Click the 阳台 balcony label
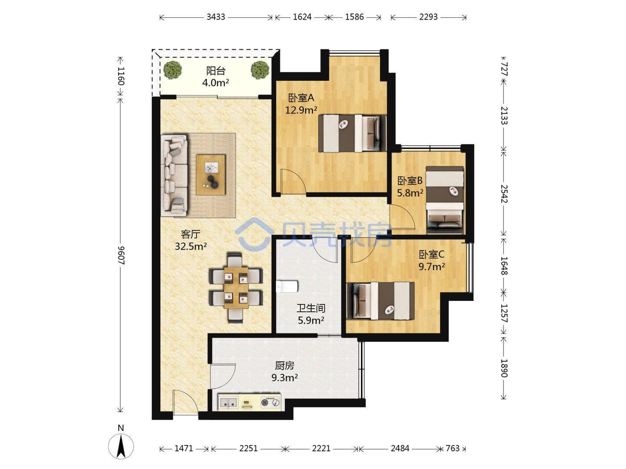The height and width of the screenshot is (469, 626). click(x=216, y=71)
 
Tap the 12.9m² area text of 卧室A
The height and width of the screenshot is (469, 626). click(x=301, y=110)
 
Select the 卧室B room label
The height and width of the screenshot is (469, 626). click(x=410, y=181)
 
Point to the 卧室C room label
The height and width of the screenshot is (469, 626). click(x=432, y=254)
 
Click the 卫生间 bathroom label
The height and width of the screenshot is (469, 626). click(x=311, y=308)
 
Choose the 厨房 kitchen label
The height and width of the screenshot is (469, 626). click(x=284, y=366)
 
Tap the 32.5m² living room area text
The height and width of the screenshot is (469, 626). click(x=190, y=246)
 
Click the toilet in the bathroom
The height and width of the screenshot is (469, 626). click(x=287, y=287)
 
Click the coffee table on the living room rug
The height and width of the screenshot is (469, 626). click(x=211, y=175)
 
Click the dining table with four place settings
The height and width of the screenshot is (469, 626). click(x=236, y=287)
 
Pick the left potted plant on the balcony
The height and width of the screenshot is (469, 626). click(x=173, y=70)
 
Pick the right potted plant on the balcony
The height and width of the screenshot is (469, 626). click(x=260, y=70)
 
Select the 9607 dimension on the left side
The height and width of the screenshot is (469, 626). click(x=121, y=255)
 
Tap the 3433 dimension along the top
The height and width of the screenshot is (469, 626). click(x=216, y=17)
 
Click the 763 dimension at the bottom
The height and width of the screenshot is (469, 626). click(x=452, y=449)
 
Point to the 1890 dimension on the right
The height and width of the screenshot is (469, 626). click(x=504, y=368)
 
